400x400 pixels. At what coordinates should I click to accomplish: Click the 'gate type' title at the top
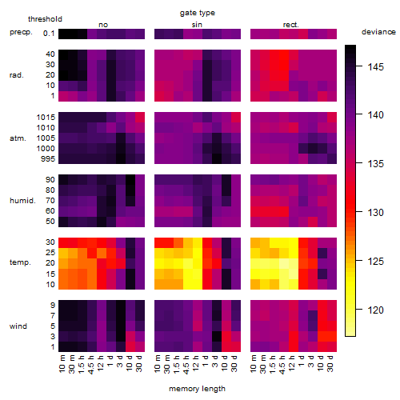(x=198, y=13)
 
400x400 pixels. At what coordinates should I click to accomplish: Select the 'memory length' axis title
(x=197, y=389)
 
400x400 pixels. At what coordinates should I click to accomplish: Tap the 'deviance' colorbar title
(x=378, y=32)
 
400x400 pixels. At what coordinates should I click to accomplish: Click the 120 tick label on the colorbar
(x=376, y=310)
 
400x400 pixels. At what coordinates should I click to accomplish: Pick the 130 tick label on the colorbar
(x=376, y=213)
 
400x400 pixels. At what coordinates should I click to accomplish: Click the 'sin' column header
(x=197, y=25)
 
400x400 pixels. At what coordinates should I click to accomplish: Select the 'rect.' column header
(x=291, y=25)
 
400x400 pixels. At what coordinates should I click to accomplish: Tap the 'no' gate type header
(x=103, y=25)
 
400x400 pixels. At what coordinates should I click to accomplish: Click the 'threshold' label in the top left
(x=45, y=19)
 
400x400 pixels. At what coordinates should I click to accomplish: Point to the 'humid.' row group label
(x=22, y=201)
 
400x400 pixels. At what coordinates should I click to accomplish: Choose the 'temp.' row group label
(x=20, y=262)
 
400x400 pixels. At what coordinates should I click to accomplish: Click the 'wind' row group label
(x=18, y=326)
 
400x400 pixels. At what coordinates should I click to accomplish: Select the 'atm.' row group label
(x=18, y=138)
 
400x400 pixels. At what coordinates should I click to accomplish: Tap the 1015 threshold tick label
(x=46, y=118)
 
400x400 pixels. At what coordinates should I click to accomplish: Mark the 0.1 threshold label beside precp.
(x=49, y=34)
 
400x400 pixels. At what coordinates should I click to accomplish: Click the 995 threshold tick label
(x=48, y=159)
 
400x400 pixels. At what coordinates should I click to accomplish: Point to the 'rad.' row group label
(x=17, y=75)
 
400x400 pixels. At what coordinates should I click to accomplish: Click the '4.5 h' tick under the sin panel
(x=186, y=365)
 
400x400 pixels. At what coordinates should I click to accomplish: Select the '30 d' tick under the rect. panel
(x=330, y=363)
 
